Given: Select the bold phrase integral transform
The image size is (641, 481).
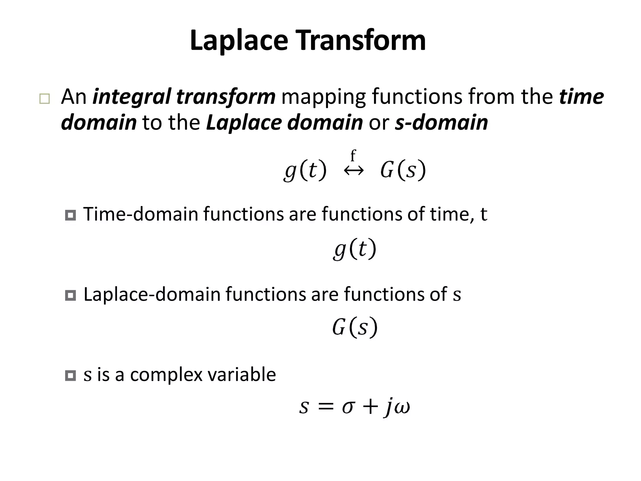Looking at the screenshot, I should point(184,97).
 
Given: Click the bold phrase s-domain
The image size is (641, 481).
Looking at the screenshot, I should point(441,122).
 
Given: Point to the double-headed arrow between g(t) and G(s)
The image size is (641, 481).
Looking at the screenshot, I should point(354,171).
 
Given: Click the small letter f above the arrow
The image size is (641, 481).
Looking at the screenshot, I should point(353,156).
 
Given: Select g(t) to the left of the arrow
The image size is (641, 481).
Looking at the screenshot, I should point(305,171).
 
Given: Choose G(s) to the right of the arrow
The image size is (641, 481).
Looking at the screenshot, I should point(403,171).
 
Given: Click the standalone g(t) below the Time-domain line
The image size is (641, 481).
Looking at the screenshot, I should point(354,250).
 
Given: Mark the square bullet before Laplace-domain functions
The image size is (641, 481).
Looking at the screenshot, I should point(70,295).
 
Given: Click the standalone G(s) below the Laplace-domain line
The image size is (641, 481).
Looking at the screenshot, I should point(355,328).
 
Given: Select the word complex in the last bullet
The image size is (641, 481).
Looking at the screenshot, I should point(166,375).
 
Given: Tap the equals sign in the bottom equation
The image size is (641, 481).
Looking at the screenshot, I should point(326,407).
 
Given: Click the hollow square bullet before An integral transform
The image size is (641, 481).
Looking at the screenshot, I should point(44,99).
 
